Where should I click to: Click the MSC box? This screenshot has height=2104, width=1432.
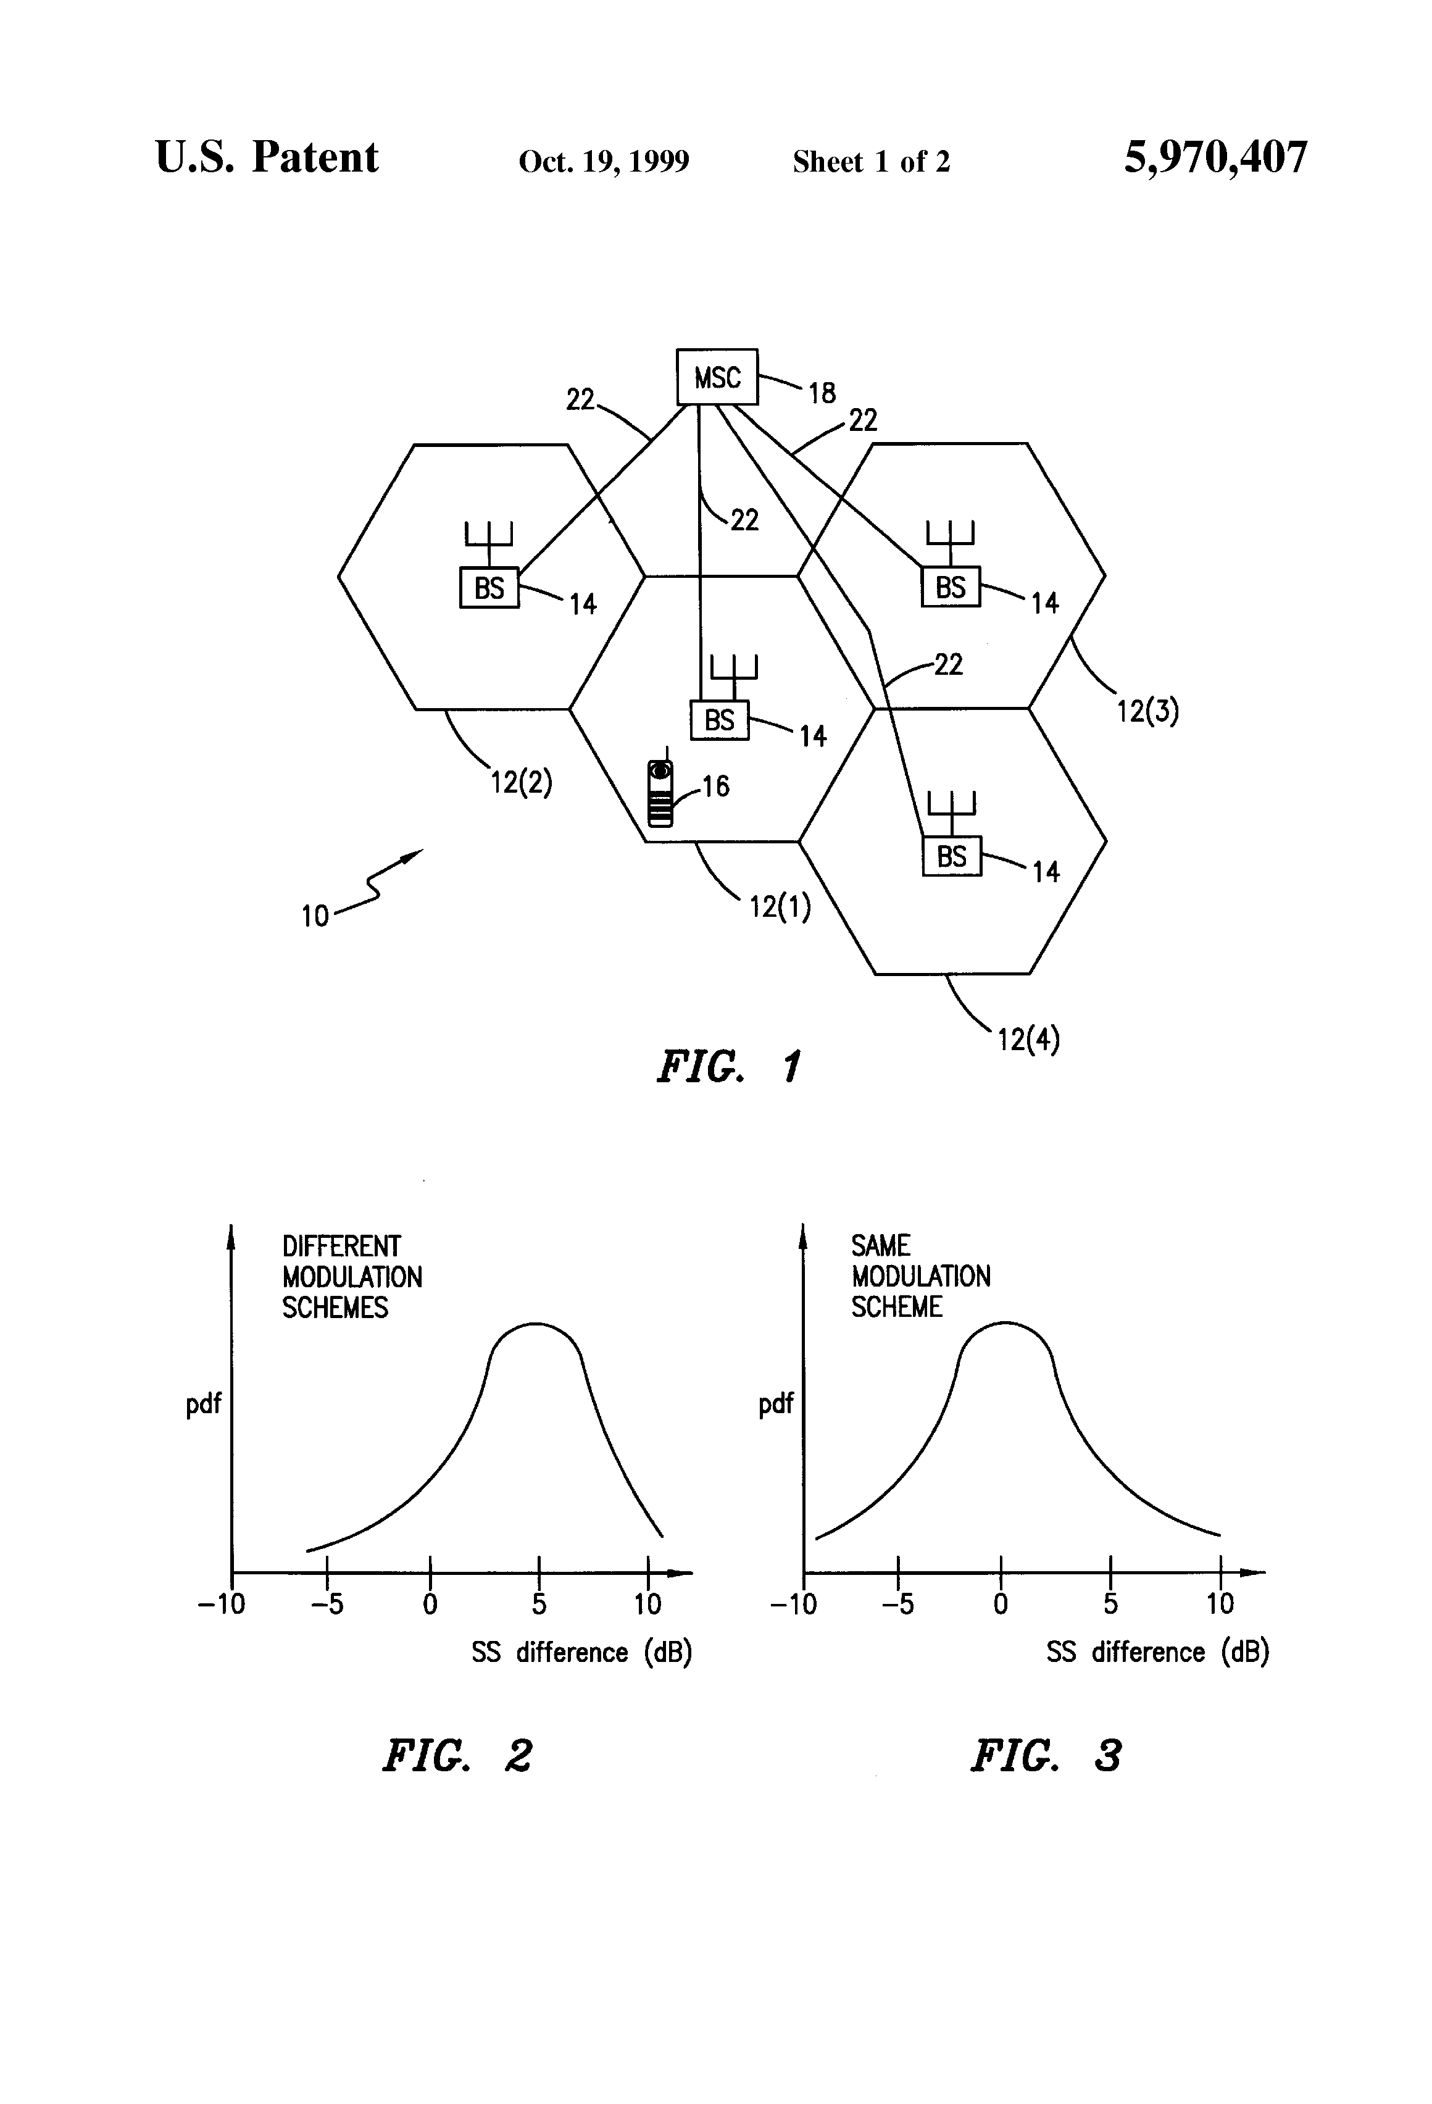[717, 377]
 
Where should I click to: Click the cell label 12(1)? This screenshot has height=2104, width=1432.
[780, 906]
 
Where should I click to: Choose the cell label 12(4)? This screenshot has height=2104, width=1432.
[1028, 1038]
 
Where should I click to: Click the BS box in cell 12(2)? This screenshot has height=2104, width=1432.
[489, 588]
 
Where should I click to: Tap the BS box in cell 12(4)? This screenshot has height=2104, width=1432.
[951, 856]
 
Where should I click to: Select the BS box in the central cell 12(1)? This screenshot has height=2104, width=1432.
[720, 720]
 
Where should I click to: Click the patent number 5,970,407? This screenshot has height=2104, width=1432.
[1215, 157]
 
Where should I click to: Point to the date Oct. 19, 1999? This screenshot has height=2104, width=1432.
[604, 161]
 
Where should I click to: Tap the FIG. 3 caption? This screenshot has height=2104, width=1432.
[1046, 1755]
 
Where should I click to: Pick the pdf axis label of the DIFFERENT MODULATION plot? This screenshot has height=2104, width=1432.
[204, 1404]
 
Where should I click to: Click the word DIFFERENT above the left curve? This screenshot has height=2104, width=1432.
[341, 1246]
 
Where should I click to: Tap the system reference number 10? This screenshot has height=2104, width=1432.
[315, 916]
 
